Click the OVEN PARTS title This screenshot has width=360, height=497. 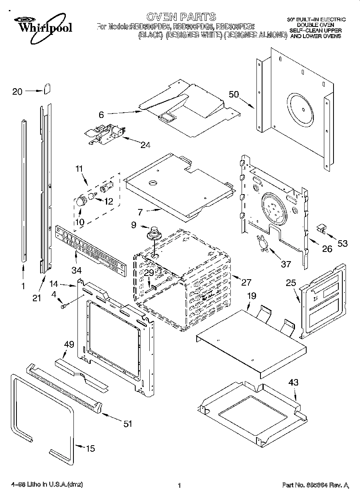click(x=181, y=17)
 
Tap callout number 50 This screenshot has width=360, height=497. click(x=234, y=95)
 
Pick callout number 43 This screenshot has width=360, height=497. click(x=293, y=383)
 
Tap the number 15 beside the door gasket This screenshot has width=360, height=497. click(x=91, y=448)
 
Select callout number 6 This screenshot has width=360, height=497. click(x=102, y=115)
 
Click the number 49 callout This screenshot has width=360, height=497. click(x=69, y=344)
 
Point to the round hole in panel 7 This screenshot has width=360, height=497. click(x=153, y=183)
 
